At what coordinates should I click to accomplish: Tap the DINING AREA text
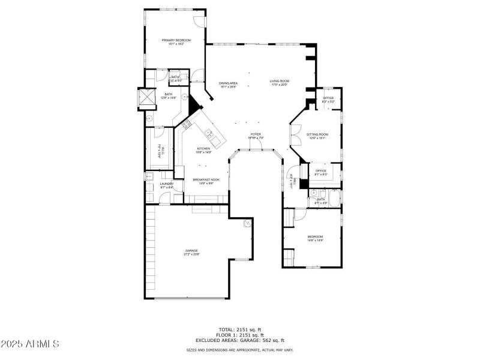pyautogui.click(x=229, y=83)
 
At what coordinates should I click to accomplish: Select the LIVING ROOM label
pyautogui.click(x=280, y=82)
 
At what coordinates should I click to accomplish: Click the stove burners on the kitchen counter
pyautogui.click(x=187, y=125)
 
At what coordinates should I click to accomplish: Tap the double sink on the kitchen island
pyautogui.click(x=209, y=133)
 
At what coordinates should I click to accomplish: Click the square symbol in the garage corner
pyautogui.click(x=247, y=224)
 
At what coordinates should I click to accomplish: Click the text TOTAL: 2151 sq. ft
pyautogui.click(x=239, y=329)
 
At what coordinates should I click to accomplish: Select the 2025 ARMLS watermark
pyautogui.click(x=30, y=344)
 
